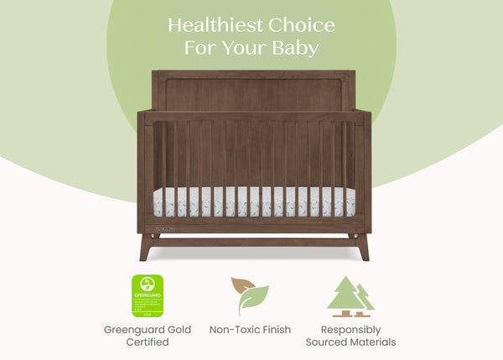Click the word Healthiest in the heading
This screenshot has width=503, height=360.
(x=210, y=24)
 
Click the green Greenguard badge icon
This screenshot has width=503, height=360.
(x=147, y=295)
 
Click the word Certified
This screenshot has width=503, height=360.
(x=147, y=342)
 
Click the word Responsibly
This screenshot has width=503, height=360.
(x=350, y=329)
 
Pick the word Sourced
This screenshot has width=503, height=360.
(x=327, y=342)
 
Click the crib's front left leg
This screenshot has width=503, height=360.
(x=146, y=248)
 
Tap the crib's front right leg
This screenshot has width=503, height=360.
(x=361, y=248)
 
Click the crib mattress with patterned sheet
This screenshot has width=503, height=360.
(x=251, y=202)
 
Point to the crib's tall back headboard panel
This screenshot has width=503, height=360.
(x=251, y=92)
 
